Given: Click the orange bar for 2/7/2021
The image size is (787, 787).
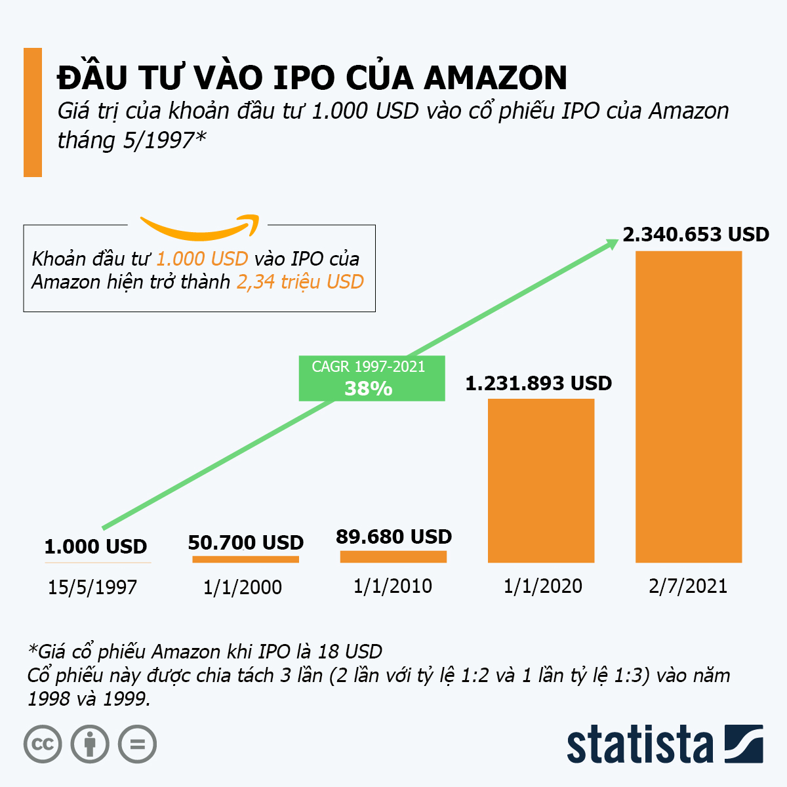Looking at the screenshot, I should click(689, 407).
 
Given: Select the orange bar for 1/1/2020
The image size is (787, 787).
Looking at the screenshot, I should click(541, 480).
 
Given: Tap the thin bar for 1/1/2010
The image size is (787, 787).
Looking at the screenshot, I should click(393, 557).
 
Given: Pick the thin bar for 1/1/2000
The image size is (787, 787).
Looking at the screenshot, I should click(245, 559).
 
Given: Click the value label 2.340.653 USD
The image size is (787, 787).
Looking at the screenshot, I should click(695, 234).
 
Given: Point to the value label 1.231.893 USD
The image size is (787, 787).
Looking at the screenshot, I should click(538, 383).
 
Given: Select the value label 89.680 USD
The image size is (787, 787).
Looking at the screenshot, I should click(393, 536).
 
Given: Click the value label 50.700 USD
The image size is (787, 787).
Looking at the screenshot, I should click(246, 542).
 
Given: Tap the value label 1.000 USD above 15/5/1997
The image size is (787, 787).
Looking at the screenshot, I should click(96, 546).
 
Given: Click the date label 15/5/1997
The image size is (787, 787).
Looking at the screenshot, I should click(92, 586).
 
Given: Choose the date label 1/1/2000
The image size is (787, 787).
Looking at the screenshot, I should click(243, 586).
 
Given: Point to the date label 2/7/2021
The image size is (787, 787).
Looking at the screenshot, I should click(688, 585).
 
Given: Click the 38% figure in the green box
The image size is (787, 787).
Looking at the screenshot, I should click(368, 388).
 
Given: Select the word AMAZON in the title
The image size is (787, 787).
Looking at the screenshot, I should click(495, 78).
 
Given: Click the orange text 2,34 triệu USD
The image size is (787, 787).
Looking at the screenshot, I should click(300, 282).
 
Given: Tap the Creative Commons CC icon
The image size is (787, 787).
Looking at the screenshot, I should click(43, 744).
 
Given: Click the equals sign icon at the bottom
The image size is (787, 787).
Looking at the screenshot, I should click(137, 744).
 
